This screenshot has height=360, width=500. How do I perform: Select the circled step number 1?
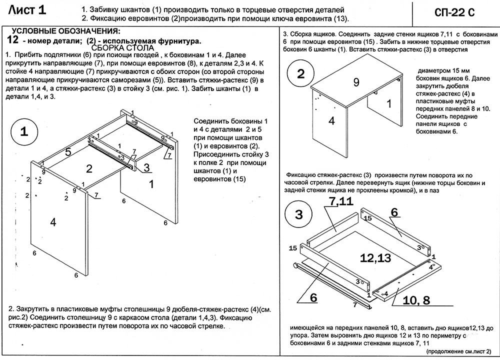tap(23, 131)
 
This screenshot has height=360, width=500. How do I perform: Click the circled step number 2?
tap(300, 74)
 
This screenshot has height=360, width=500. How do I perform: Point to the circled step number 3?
tap(299, 215)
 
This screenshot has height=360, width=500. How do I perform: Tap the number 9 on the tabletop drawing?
tap(356, 82)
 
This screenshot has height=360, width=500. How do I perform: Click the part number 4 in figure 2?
tap(331, 120)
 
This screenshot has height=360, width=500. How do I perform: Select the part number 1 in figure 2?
tap(388, 104)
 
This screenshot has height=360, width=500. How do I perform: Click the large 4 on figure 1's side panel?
tap(53, 222)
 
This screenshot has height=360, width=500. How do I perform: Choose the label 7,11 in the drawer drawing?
tap(341, 201)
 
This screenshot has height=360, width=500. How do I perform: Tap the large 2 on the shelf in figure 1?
tap(89, 168)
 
